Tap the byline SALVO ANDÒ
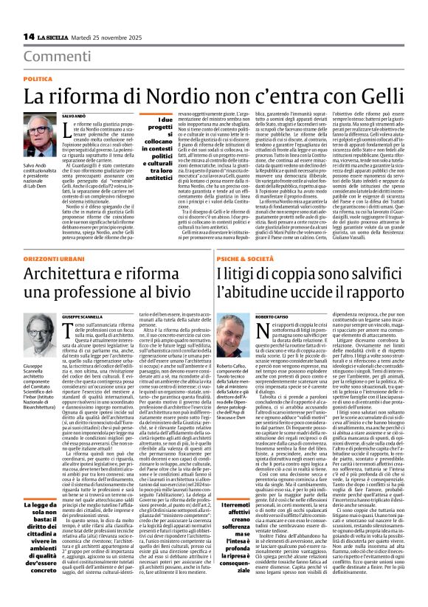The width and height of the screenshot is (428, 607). coord(75,116)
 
